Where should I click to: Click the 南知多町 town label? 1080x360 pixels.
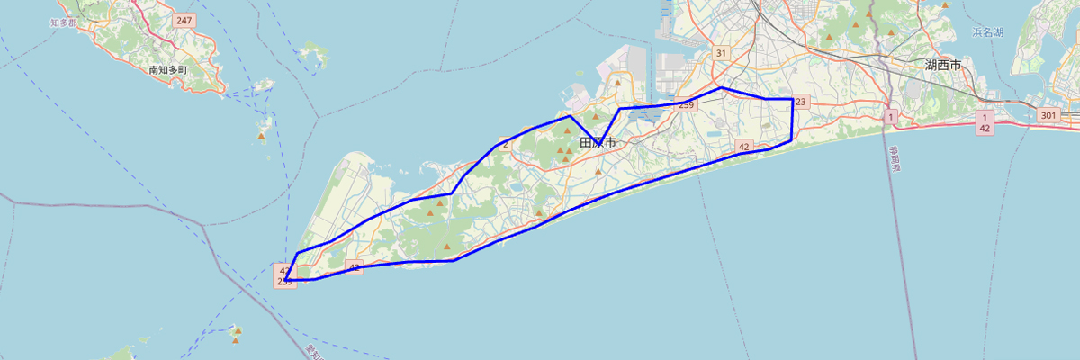pyautogui.click(x=168, y=69)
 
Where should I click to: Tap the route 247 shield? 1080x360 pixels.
pyautogui.click(x=184, y=20)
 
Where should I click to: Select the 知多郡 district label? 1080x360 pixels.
pyautogui.click(x=66, y=20)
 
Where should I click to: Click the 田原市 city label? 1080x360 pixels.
pyautogui.click(x=598, y=143)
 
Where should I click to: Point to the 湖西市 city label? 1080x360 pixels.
pyautogui.click(x=943, y=65)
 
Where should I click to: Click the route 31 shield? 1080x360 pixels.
pyautogui.click(x=721, y=53)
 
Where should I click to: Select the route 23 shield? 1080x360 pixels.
pyautogui.click(x=801, y=101)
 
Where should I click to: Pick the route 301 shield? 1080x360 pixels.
pyautogui.click(x=1048, y=115)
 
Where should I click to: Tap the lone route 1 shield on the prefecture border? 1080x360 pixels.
pyautogui.click(x=890, y=117)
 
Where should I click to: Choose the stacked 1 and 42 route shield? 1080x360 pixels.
pyautogui.click(x=985, y=123)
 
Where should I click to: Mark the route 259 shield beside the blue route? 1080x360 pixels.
pyautogui.click(x=687, y=105)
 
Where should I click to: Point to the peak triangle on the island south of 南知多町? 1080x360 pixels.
pyautogui.click(x=262, y=137)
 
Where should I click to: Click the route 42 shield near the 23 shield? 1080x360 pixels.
pyautogui.click(x=743, y=146)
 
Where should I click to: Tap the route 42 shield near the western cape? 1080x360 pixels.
pyautogui.click(x=354, y=267)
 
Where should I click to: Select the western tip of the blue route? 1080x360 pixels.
pyautogui.click(x=285, y=280)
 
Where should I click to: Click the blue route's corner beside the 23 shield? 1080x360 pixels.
pyautogui.click(x=792, y=98)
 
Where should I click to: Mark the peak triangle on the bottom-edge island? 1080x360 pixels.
pyautogui.click(x=237, y=330)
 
